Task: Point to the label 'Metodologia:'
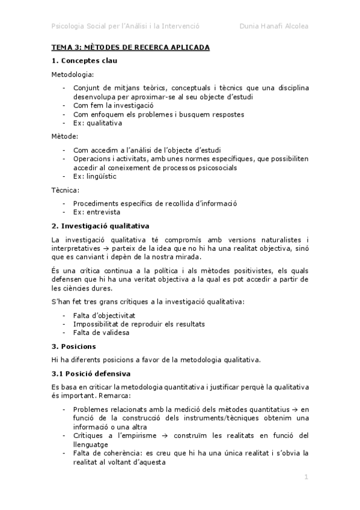72,74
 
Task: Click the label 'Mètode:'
65,137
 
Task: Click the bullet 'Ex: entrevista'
96,212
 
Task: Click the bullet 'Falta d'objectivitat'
103,315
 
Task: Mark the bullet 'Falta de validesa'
100,333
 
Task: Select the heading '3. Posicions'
74,346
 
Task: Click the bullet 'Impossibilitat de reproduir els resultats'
139,324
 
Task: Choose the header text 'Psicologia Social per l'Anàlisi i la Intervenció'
126,26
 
